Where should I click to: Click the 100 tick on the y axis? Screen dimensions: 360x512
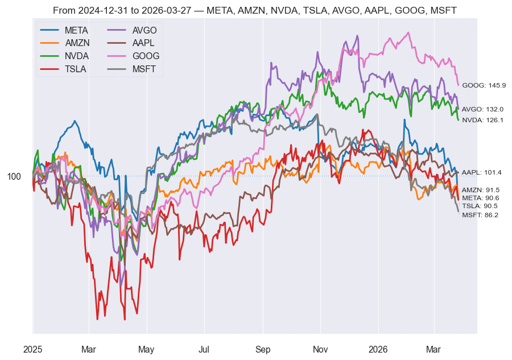[x=14, y=176]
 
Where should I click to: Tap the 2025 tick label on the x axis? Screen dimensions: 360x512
[x=33, y=349]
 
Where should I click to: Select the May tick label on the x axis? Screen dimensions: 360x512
[x=147, y=349]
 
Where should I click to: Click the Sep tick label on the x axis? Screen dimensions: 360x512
[x=263, y=349]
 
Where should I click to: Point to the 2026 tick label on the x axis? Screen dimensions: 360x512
[x=378, y=349]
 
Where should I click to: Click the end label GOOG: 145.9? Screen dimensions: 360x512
[x=484, y=85]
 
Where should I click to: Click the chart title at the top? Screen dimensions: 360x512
[x=256, y=10]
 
